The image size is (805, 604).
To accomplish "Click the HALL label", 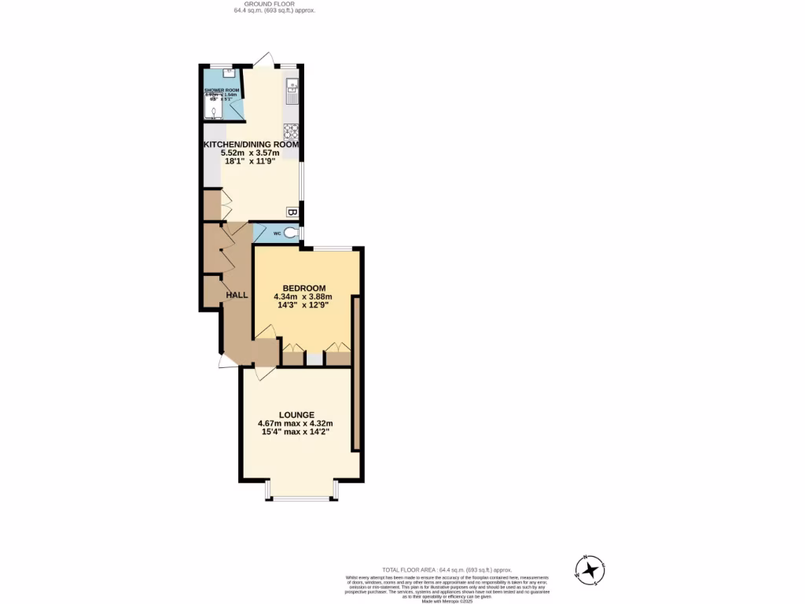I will click(237, 295).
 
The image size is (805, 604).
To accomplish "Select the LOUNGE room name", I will click(296, 414).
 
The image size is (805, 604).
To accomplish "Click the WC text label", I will click(278, 234).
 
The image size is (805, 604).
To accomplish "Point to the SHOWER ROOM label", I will click(222, 90).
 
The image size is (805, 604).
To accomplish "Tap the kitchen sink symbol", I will click(292, 92).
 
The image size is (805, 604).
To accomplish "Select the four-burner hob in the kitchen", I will click(292, 131).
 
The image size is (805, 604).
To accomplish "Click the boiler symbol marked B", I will click(292, 212).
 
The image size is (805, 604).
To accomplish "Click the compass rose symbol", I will click(590, 570).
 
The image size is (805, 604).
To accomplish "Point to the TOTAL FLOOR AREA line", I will click(447, 569).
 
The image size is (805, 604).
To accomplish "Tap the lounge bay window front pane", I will click(302, 499).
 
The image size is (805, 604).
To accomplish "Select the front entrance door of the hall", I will click(226, 360).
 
